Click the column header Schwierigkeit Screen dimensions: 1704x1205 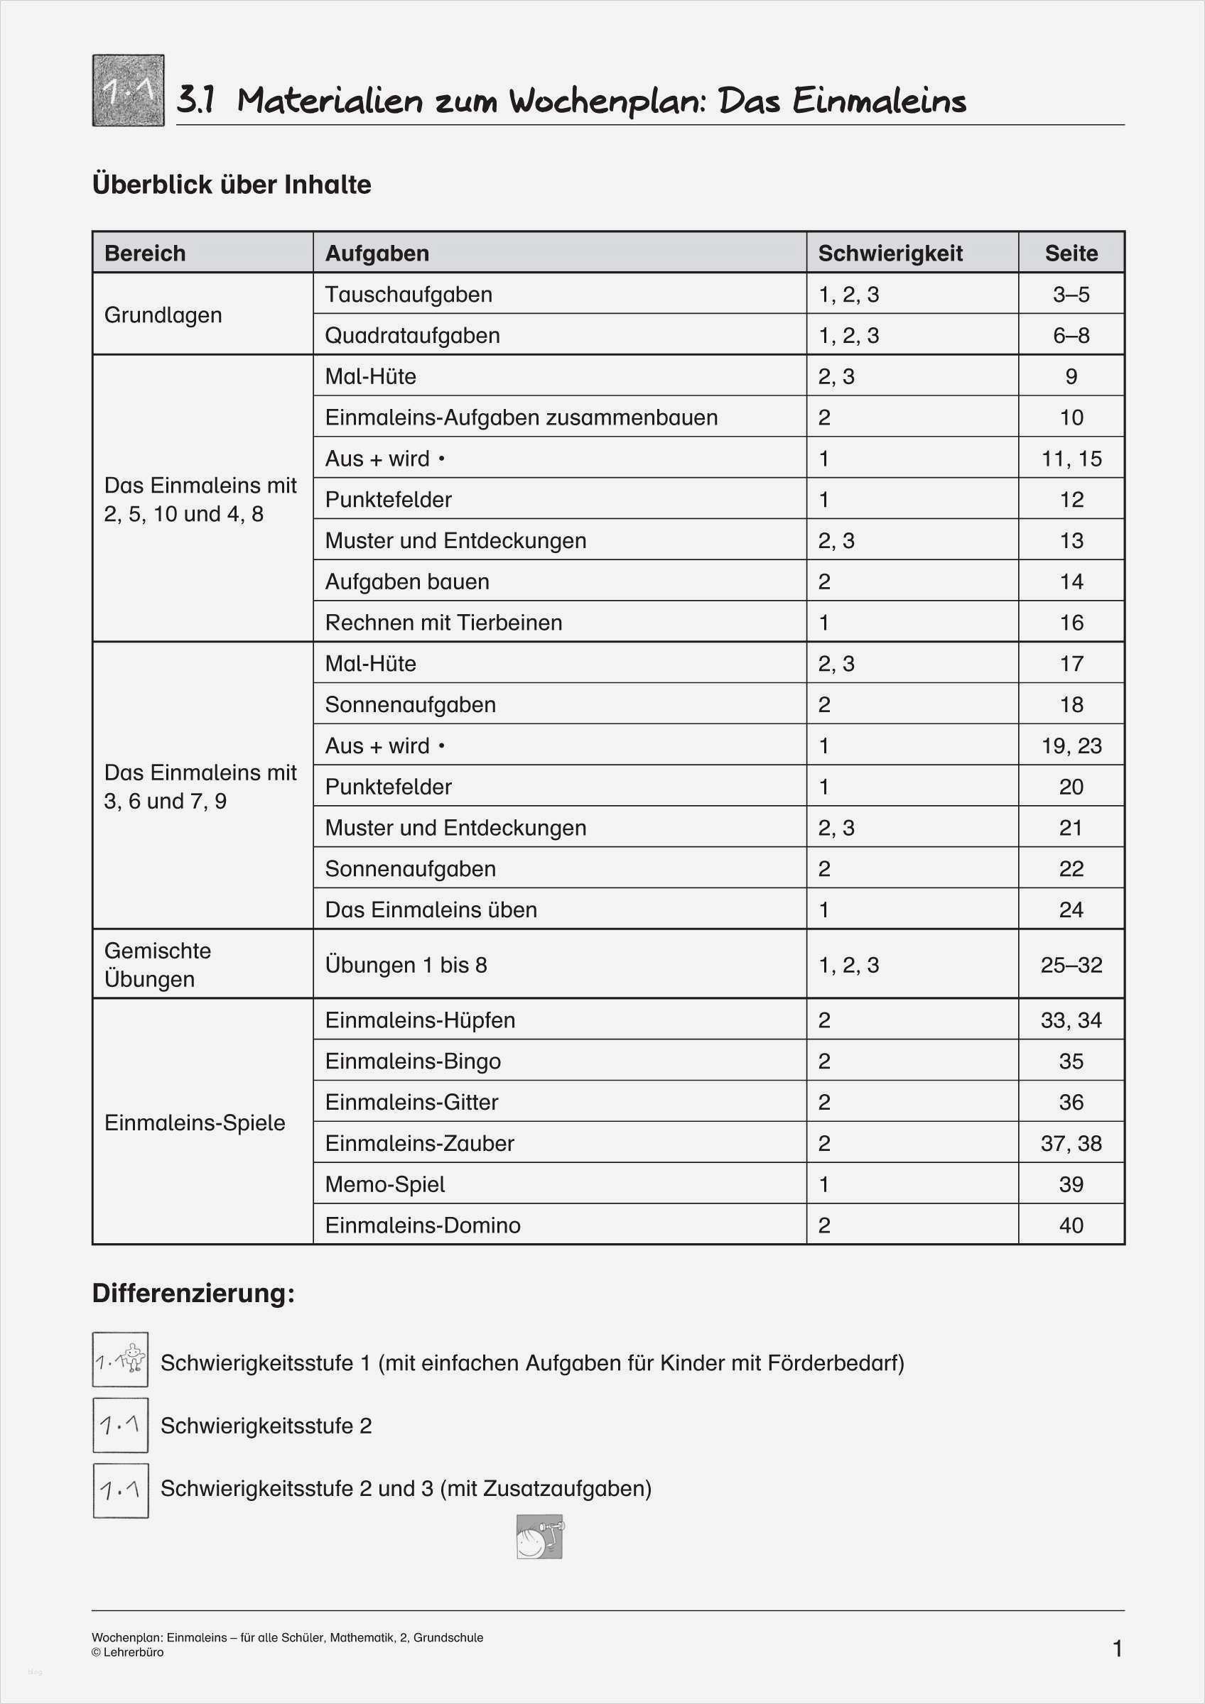(x=890, y=253)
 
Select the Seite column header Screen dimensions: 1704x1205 (x=1071, y=253)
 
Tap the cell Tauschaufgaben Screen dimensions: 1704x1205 (x=409, y=295)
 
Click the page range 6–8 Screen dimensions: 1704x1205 (x=1071, y=335)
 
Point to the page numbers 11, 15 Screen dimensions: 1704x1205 (x=1071, y=459)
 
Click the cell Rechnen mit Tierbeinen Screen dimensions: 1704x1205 (x=443, y=623)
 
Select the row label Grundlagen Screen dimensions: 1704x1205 (x=163, y=315)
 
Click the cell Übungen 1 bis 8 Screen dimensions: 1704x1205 (x=406, y=965)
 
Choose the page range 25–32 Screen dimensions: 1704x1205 (x=1071, y=965)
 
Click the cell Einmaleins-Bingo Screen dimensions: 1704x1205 (x=413, y=1061)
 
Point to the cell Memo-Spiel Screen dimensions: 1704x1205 (x=384, y=1184)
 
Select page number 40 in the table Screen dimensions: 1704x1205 (x=1071, y=1225)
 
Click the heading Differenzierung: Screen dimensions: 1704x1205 (x=194, y=1294)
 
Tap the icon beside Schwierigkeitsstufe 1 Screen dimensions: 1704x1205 (x=120, y=1360)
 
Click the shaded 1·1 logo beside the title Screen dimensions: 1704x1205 (x=129, y=91)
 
